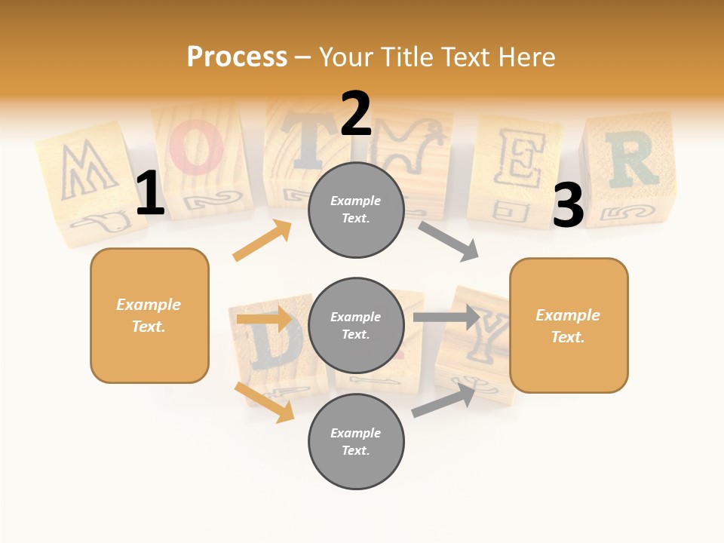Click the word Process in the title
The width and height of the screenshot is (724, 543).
point(237,57)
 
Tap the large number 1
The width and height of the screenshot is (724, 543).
point(149,194)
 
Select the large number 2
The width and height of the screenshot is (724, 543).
point(355,114)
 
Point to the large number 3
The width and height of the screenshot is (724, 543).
point(568,206)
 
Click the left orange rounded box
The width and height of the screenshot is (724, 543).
point(149,315)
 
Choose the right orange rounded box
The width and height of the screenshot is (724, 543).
point(569,325)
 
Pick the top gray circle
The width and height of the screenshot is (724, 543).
point(356,210)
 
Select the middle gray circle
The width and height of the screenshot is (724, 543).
point(356,325)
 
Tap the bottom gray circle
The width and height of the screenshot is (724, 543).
point(356,441)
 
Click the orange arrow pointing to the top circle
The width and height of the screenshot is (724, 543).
point(262,241)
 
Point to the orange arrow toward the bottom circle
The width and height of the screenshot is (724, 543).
point(264,402)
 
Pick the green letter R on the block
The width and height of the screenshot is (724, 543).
point(630,160)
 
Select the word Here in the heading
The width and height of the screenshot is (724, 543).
point(526,57)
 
